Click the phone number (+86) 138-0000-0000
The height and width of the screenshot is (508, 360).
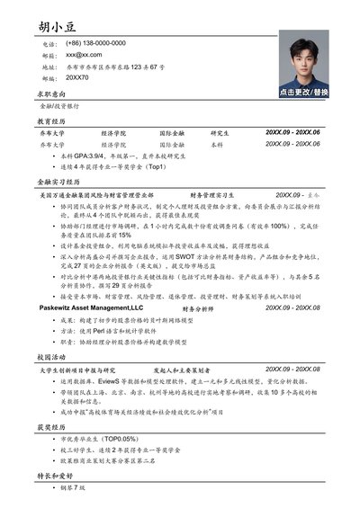(x=95, y=43)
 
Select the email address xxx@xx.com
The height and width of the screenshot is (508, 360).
(x=84, y=55)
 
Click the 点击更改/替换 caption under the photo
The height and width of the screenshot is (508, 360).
(x=303, y=92)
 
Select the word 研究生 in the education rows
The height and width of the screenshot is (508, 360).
(x=220, y=132)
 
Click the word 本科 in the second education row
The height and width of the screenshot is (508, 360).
(x=217, y=144)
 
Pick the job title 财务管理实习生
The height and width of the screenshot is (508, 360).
(x=211, y=194)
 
